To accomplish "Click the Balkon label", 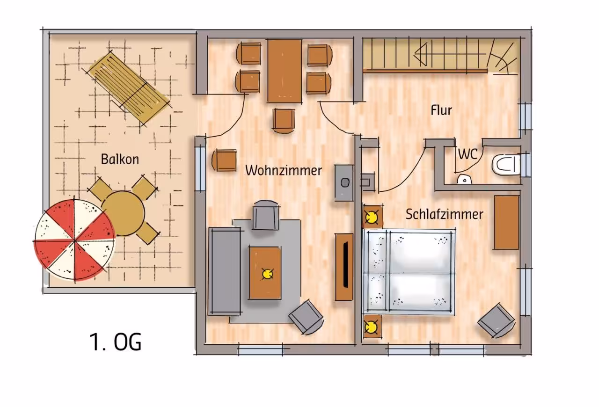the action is tap(120, 160).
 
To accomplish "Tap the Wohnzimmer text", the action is tap(284, 171).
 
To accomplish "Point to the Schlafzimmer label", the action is tap(444, 214).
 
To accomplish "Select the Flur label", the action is tap(441, 110).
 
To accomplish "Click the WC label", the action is tap(468, 154).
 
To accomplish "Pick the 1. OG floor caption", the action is tap(115, 342).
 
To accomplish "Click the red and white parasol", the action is tap(74, 240).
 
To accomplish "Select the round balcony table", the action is tap(123, 213).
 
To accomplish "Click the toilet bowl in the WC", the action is tap(506, 165).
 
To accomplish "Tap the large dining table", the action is tap(285, 71).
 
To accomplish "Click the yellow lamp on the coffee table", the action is tap(267, 274).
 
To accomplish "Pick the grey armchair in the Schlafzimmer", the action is tap(496, 320).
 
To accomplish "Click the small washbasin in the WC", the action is tap(464, 180).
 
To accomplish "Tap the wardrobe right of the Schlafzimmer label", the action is tap(507, 223).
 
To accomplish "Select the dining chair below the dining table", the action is tap(284, 120).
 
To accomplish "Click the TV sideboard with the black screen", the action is tap(344, 267).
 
